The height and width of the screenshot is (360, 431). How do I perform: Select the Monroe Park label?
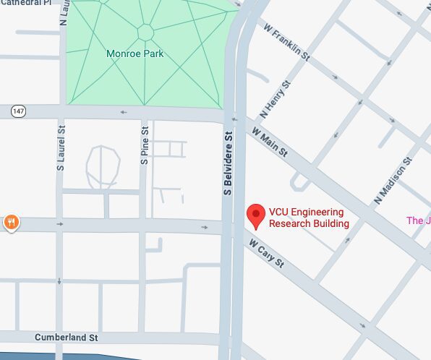pos(135,53)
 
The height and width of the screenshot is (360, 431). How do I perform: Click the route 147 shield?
pos(18,111)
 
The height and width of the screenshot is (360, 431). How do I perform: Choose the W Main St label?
pos(270,142)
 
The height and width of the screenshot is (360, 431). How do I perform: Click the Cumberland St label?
pos(66,338)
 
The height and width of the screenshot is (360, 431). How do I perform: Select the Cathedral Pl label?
pos(26,3)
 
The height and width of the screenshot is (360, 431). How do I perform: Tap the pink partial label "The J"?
pos(418,220)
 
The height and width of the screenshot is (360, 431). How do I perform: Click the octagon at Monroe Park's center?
pos(145,32)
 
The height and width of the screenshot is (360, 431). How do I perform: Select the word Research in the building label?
pos(289,223)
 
